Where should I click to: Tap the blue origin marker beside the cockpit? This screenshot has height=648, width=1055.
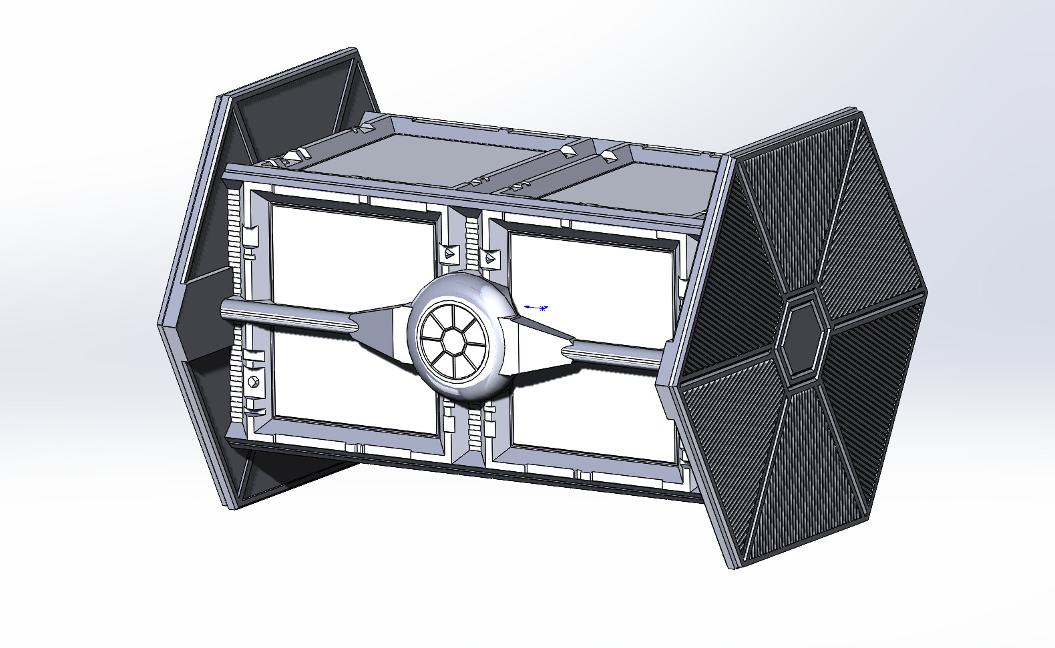[536, 308]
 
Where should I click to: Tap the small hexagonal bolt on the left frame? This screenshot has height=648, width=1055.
[253, 381]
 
